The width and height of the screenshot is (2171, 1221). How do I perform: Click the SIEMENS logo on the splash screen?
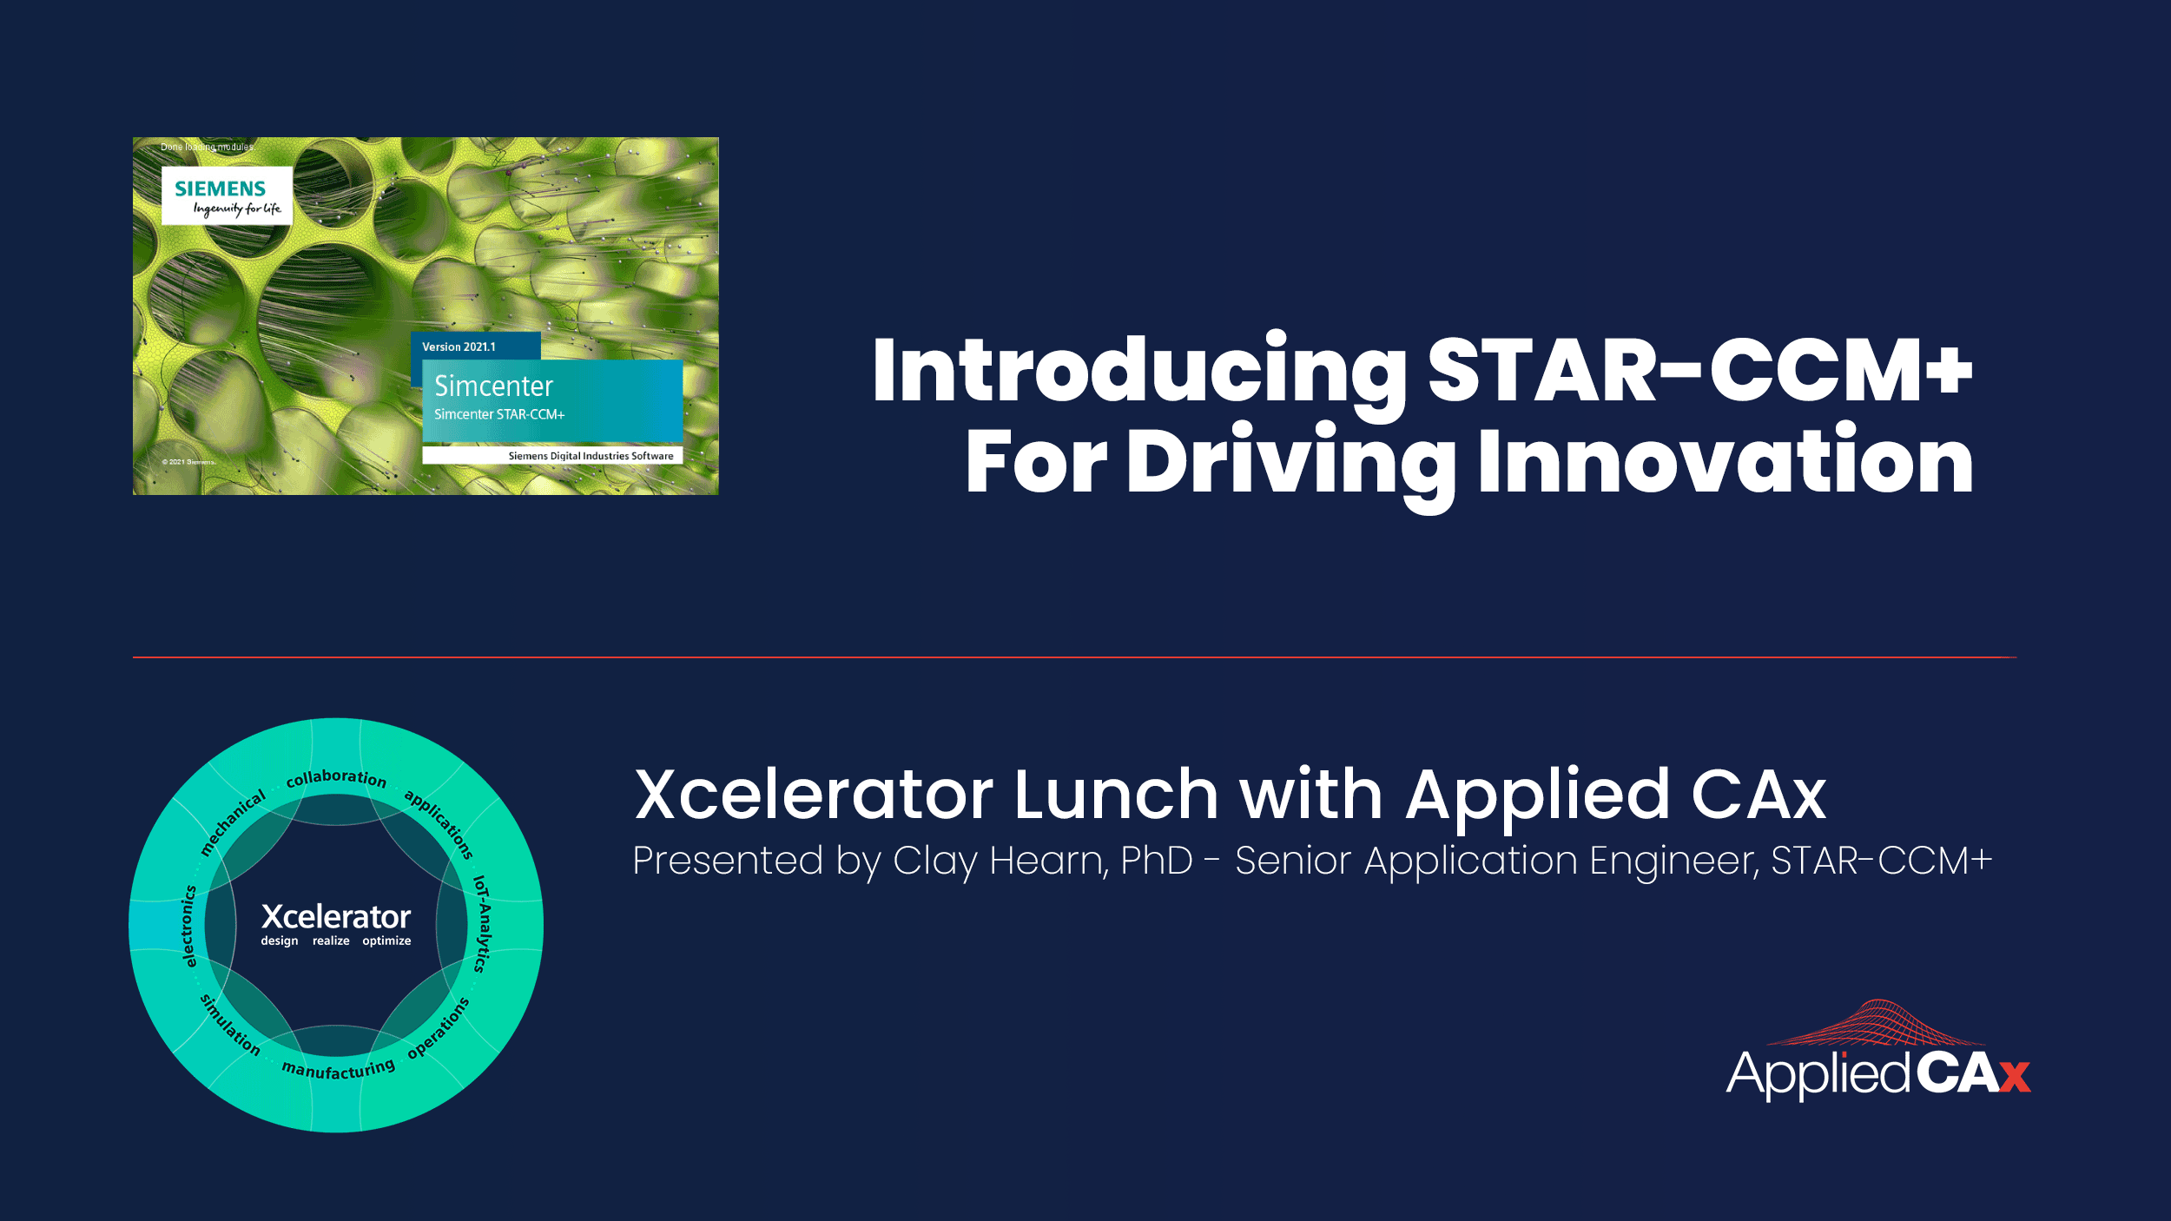coord(221,188)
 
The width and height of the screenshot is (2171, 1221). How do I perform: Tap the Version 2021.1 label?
coord(459,346)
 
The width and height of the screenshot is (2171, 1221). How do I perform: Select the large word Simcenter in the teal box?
coord(493,386)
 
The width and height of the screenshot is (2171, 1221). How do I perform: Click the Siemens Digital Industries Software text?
coord(591,456)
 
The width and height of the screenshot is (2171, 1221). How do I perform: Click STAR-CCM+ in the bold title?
coord(1700,371)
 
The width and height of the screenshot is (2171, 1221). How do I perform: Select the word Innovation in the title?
coord(1726,460)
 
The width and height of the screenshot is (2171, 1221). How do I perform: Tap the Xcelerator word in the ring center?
coord(336,917)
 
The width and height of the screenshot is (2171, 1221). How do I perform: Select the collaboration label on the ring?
coord(336,778)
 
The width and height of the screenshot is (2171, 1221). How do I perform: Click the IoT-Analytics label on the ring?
coord(482,924)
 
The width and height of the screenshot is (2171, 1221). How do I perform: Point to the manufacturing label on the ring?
coord(339,1069)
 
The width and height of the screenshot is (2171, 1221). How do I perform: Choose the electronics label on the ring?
coord(189,926)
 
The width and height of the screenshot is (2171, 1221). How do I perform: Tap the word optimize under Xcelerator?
coord(386,941)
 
